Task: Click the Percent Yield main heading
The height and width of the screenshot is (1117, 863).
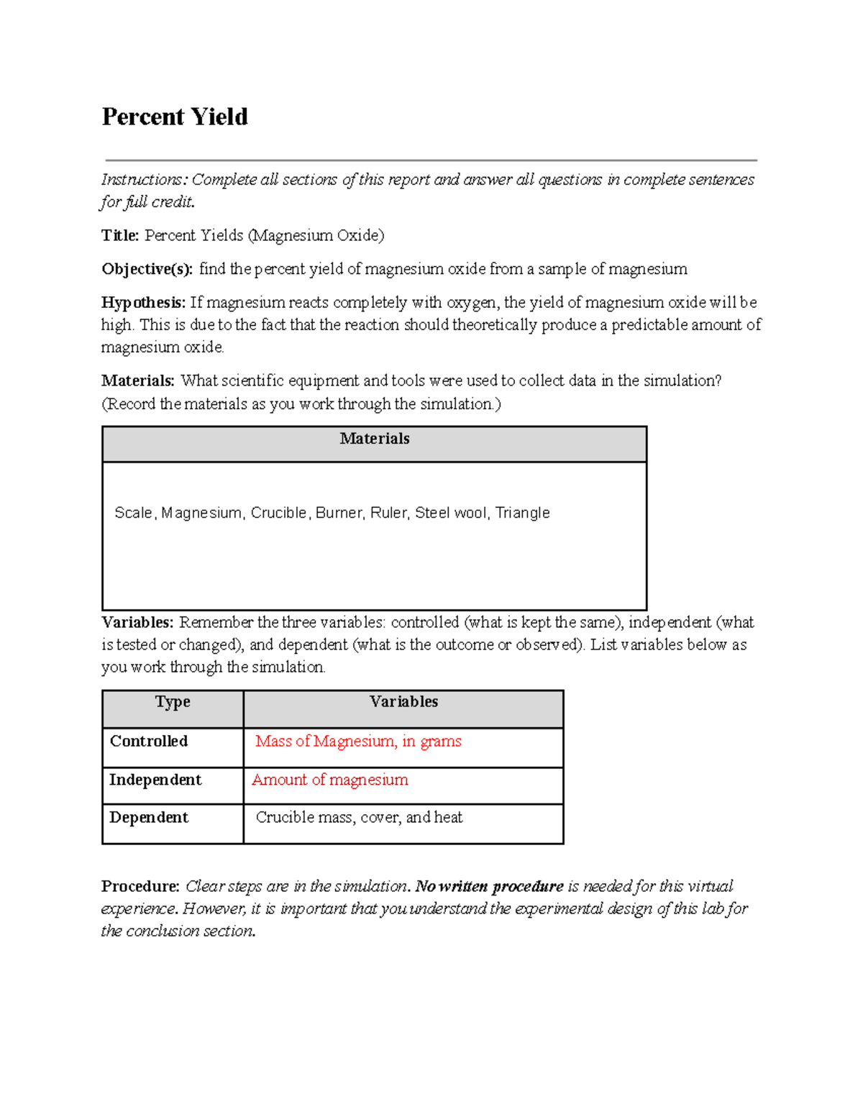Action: [x=175, y=117]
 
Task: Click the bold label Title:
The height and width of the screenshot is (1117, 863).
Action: [x=120, y=235]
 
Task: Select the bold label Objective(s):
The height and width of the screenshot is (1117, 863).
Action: [x=147, y=269]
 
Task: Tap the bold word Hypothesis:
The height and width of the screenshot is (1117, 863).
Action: [x=144, y=302]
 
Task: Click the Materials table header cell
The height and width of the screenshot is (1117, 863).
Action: [x=374, y=439]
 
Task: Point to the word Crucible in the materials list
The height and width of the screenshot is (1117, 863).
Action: [x=279, y=513]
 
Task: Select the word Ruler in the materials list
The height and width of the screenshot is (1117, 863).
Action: [x=388, y=513]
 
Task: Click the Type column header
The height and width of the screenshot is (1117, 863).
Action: [x=173, y=702]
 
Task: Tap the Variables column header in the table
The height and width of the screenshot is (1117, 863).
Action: [x=403, y=702]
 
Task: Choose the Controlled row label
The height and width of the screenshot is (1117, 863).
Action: [x=149, y=741]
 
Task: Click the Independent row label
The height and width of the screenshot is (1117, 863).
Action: [x=155, y=780]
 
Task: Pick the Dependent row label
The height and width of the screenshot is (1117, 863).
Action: [x=149, y=817]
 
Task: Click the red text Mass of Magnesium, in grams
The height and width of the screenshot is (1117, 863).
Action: [x=358, y=741]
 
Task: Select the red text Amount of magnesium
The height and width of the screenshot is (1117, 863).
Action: [x=330, y=780]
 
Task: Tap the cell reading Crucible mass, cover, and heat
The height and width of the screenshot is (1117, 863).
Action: [x=359, y=817]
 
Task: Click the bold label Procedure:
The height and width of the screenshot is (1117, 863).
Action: [x=140, y=886]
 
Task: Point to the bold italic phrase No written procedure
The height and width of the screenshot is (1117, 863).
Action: [x=490, y=886]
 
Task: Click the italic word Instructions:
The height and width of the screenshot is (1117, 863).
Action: [x=144, y=179]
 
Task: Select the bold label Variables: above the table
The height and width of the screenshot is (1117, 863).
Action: [x=137, y=622]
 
